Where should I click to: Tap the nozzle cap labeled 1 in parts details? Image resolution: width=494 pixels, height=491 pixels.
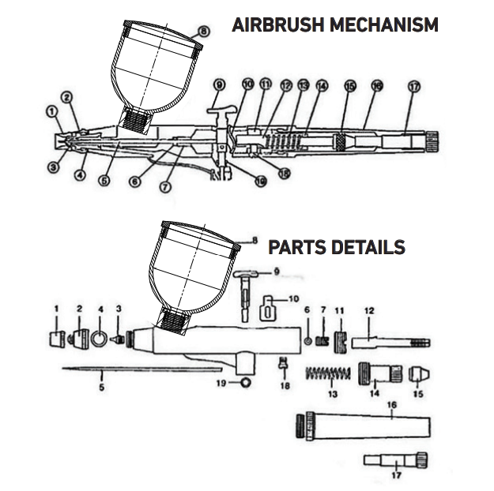click(x=57, y=339)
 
